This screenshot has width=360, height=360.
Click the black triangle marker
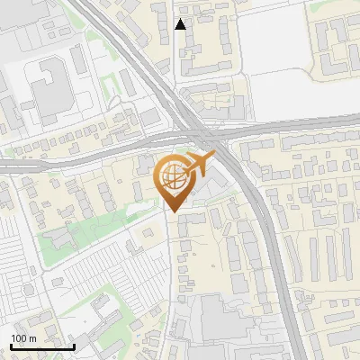(x=181, y=24)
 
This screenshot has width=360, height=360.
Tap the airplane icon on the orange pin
(x=200, y=164)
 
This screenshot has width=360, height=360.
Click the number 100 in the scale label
(x=19, y=338)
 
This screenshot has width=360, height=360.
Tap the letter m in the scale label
(x=32, y=338)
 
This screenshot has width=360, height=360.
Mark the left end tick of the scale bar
(x=11, y=346)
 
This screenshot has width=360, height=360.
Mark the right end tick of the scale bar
(x=74, y=346)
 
